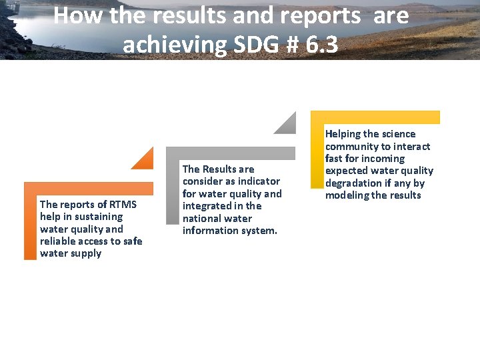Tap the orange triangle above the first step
click(x=145, y=161)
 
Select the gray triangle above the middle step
click(x=287, y=125)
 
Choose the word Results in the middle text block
click(x=219, y=169)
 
